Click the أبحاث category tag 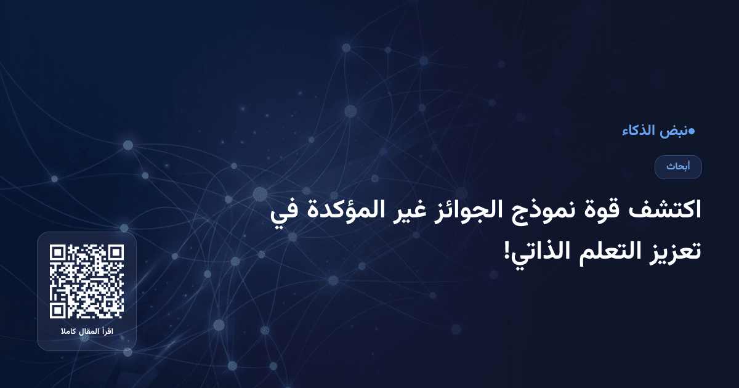tap(678, 167)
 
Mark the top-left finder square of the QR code tap(58, 253)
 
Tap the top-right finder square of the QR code tap(116, 253)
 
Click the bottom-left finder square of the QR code tap(58, 310)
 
